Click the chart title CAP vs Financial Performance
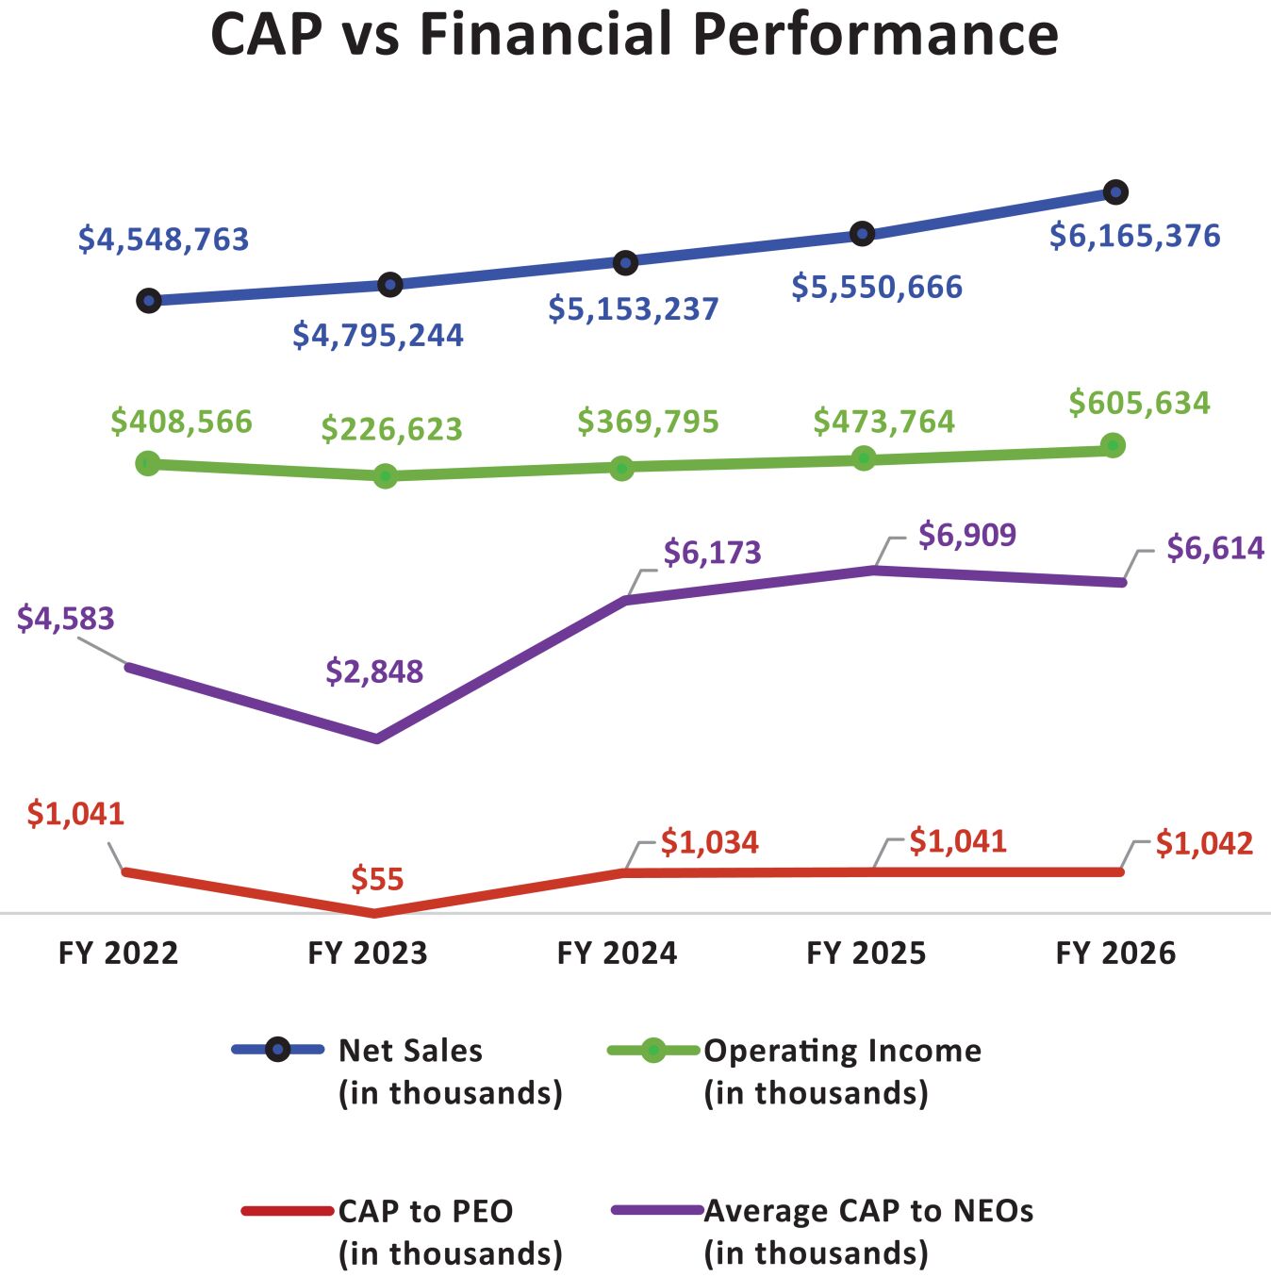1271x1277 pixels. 635,35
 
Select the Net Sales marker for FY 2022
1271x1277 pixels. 148,301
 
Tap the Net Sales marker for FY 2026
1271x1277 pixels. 1115,192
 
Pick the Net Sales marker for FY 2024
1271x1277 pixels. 625,262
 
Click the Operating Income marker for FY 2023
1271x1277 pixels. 385,476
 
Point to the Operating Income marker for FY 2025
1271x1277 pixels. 864,458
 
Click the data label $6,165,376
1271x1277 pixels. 1134,236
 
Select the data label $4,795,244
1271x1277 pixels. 378,335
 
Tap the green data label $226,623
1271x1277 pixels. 392,429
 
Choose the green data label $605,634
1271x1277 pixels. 1139,404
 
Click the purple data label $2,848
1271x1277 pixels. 374,672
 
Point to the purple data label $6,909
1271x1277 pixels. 967,535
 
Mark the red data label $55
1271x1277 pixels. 377,879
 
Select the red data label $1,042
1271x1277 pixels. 1204,843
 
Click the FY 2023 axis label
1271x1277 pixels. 368,954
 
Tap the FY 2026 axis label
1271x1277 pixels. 1115,954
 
